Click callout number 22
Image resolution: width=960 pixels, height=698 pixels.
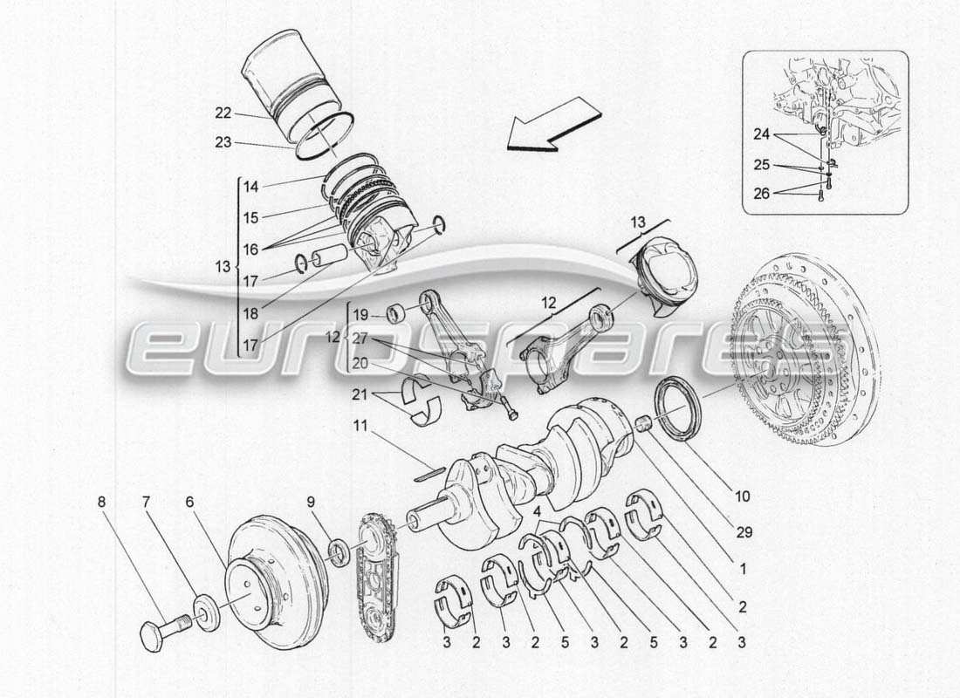point(223,112)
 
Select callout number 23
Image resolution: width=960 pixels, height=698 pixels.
point(223,141)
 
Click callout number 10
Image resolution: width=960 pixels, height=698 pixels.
point(742,497)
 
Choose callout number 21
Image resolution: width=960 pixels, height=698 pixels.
point(360,395)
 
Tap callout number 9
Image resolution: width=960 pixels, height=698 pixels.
point(312,502)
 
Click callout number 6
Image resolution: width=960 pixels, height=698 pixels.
point(189,502)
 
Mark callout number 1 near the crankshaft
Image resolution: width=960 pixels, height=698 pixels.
point(742,568)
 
